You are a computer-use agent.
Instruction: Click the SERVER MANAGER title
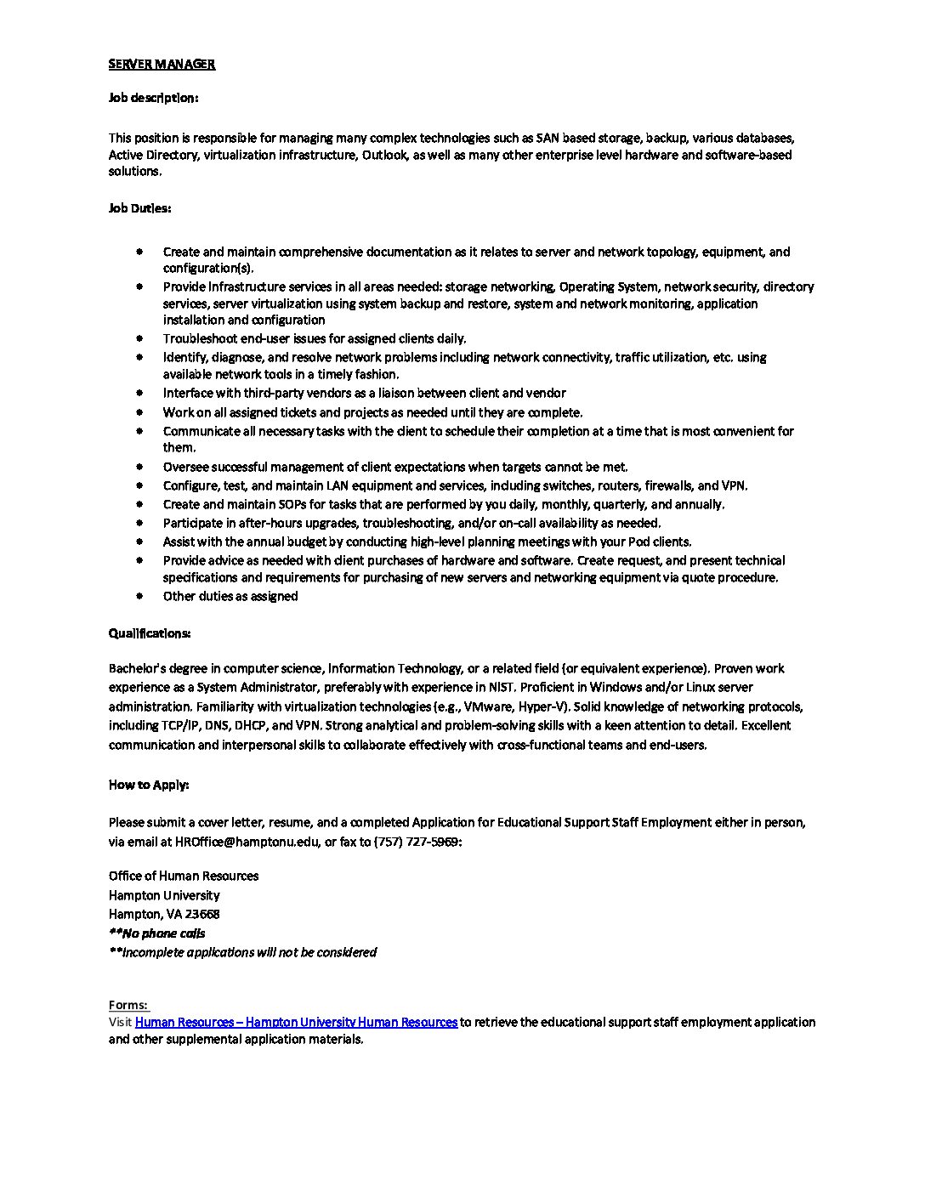(162, 64)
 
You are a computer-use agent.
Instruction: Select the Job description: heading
(153, 98)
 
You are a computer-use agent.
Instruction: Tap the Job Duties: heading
(139, 207)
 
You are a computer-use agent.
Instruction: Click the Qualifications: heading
(150, 633)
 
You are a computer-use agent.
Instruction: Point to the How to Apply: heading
(149, 785)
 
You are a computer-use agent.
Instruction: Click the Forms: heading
(128, 1005)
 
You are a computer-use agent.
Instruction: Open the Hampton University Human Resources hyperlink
(296, 1022)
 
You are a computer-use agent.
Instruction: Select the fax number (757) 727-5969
(417, 842)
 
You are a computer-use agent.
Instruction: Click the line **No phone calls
(157, 933)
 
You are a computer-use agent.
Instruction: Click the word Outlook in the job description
(384, 155)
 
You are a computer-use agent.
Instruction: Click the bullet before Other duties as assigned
(139, 596)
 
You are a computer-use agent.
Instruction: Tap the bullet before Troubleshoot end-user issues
(139, 338)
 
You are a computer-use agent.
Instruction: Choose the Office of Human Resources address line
(184, 876)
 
